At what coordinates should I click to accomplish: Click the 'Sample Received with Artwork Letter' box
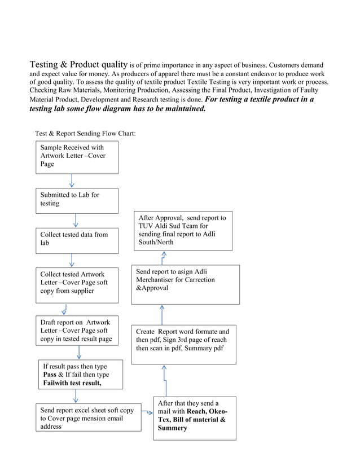click(x=77, y=157)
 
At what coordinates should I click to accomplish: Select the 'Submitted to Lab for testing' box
click(x=77, y=200)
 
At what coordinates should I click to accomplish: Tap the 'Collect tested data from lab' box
click(x=77, y=239)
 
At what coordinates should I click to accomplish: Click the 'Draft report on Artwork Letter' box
click(x=77, y=331)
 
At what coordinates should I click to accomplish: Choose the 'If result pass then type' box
click(x=80, y=375)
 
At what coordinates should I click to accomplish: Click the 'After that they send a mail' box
click(x=195, y=418)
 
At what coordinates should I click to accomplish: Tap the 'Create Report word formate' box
click(x=184, y=344)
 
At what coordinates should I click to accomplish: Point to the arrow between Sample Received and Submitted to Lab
click(x=72, y=181)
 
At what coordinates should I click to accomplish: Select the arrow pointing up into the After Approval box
click(x=164, y=257)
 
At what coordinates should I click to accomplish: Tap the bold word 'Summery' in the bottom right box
click(x=173, y=428)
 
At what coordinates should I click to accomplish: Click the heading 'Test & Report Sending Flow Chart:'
click(x=85, y=134)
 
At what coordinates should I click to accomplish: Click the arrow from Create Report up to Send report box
click(x=162, y=314)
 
